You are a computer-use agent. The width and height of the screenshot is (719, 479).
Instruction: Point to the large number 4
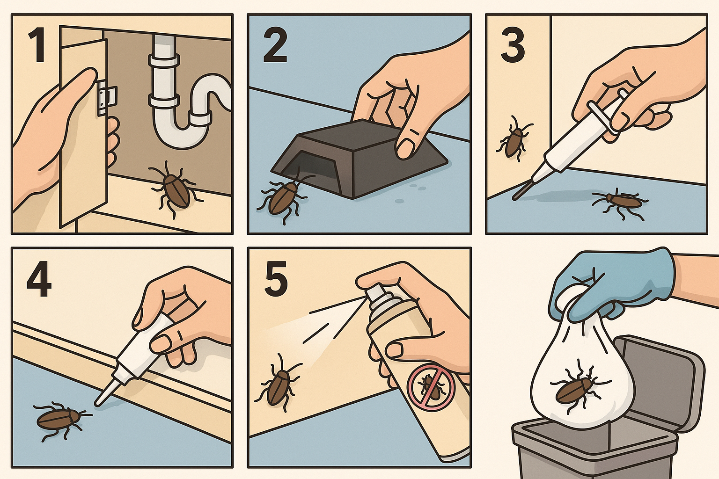39,279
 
